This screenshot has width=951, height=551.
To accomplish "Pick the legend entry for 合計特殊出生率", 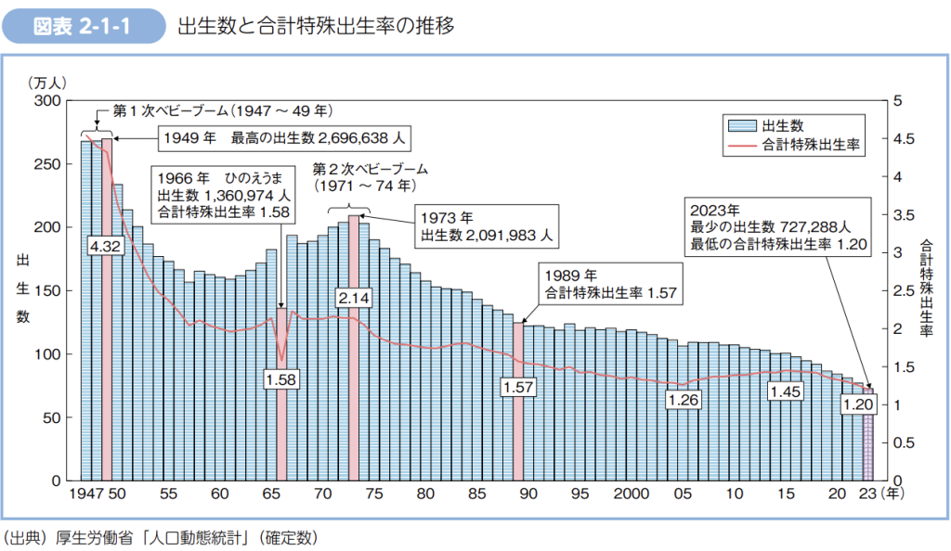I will click(794, 145).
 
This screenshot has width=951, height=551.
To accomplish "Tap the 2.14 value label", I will click(354, 298).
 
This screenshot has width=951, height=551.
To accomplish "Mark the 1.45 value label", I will click(786, 392).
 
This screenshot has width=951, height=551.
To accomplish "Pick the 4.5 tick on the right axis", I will click(903, 138).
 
